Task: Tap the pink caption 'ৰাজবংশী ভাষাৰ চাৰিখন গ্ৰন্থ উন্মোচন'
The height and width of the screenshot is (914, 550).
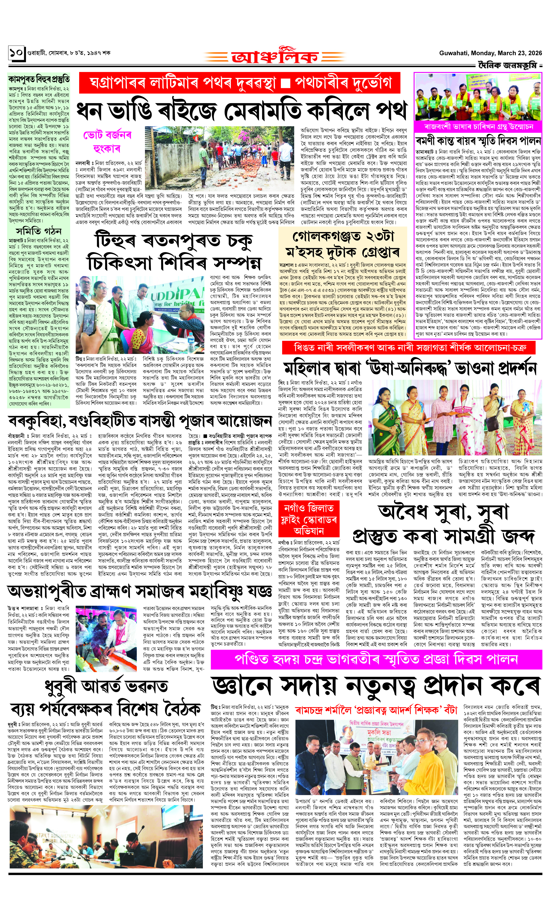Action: tap(478, 127)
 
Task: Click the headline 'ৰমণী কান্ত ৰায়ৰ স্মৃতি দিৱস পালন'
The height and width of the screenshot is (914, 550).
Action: tap(478, 141)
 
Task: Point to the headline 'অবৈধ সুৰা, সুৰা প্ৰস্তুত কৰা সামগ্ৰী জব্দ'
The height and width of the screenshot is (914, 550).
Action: tap(443, 524)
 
